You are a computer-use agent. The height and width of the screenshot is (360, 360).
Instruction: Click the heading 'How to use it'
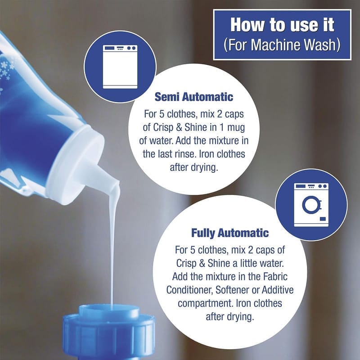[x=282, y=25]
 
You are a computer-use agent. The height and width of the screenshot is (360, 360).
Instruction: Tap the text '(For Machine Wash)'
[x=282, y=45]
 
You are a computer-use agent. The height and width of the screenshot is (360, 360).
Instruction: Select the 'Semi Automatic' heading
[x=194, y=97]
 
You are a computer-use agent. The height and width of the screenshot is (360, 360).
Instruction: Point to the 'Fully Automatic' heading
[x=230, y=233]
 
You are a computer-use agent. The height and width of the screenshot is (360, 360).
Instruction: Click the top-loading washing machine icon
[x=120, y=67]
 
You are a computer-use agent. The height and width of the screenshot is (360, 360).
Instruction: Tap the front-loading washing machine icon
[x=311, y=205]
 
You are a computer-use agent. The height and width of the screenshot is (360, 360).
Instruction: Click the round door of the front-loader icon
[x=311, y=205]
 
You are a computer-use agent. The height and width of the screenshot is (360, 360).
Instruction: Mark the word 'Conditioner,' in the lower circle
[x=189, y=290]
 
